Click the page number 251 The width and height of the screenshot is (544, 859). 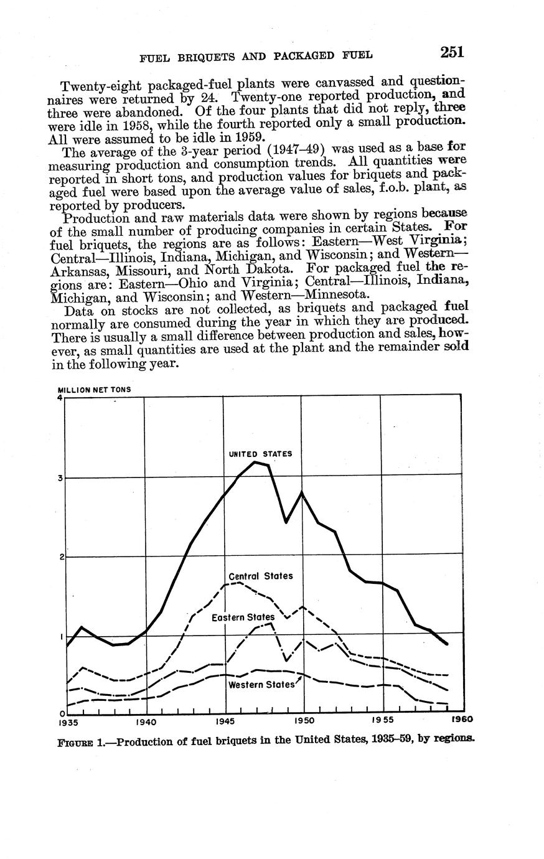point(452,52)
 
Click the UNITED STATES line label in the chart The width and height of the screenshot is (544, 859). point(260,454)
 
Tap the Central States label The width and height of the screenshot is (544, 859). point(261,576)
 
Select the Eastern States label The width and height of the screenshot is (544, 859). point(243,617)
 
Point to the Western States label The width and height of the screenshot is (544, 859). point(261,685)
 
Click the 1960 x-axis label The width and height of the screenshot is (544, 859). point(461,720)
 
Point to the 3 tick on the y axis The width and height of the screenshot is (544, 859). point(61,478)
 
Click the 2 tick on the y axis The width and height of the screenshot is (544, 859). point(61,557)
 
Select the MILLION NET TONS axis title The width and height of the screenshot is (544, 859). point(94,389)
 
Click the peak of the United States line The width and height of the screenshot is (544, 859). point(255,462)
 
